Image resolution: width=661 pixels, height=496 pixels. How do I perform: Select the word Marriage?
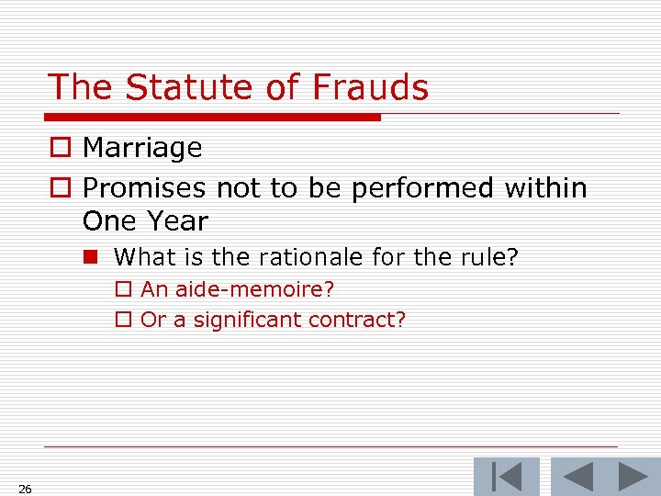coord(142,148)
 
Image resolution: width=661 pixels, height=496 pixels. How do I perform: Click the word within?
coord(545,188)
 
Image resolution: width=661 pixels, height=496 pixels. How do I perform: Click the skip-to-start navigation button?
coord(506,478)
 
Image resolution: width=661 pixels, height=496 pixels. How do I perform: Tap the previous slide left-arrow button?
coord(577,478)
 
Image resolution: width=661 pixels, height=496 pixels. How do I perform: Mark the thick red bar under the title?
coord(212,118)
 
